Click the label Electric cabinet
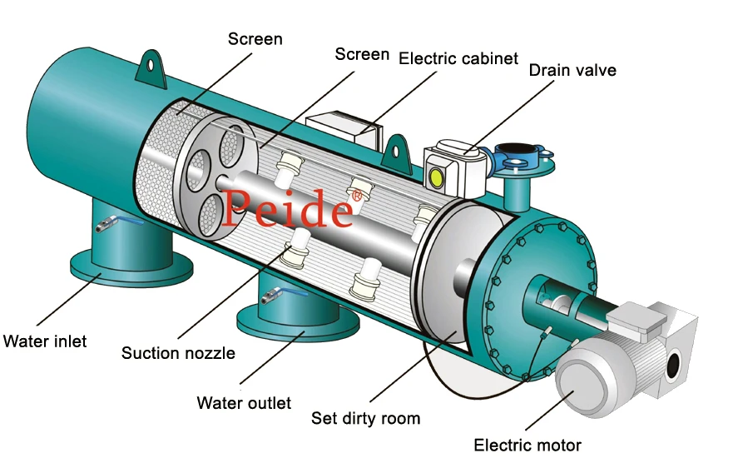(x=458, y=59)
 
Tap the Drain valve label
(x=572, y=70)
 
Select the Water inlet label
(x=45, y=341)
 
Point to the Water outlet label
(x=244, y=403)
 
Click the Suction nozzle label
(x=178, y=353)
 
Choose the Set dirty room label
(x=365, y=417)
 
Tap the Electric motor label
(x=527, y=445)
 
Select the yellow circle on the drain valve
(x=435, y=175)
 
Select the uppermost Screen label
(x=255, y=39)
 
